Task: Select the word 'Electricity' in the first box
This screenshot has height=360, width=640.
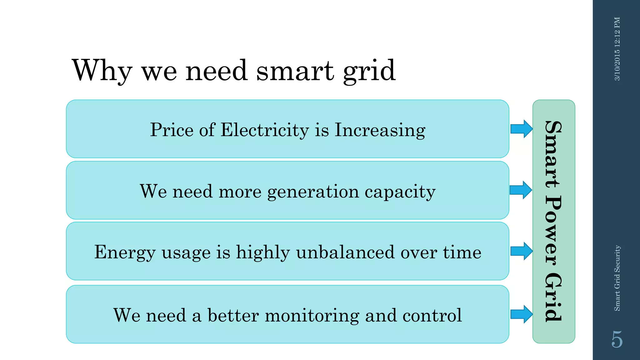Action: point(265,130)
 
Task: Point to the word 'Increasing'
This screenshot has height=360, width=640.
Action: point(380,130)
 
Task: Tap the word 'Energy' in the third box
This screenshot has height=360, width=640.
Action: point(125,252)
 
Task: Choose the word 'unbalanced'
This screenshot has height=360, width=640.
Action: point(345,252)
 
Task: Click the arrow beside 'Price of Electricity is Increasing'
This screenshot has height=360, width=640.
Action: point(521,129)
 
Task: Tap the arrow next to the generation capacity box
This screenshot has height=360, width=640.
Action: point(520,190)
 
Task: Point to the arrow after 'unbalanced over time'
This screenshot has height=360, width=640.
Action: point(521,251)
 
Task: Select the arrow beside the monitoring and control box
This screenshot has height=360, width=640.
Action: point(521,314)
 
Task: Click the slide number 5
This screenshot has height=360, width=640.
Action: point(617,339)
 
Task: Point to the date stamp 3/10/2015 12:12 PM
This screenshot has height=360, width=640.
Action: point(617,49)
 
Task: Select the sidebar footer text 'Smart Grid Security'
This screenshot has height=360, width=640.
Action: point(617,278)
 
